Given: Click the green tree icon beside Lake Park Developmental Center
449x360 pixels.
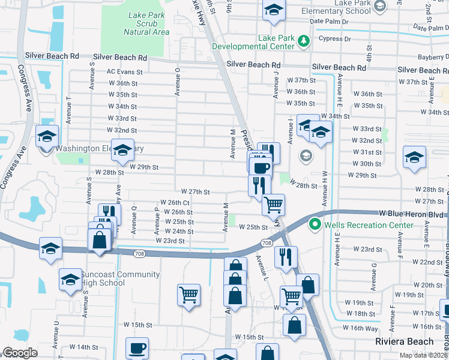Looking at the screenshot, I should [x=304, y=40].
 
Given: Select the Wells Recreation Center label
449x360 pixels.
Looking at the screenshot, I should [x=369, y=225].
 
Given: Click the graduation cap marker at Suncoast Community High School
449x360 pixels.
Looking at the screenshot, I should [x=70, y=280].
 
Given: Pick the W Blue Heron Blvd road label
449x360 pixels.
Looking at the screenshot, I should [x=411, y=213].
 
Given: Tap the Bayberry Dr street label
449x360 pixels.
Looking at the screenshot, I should [x=432, y=58].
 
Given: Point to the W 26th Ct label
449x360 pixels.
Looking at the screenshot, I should [x=175, y=203].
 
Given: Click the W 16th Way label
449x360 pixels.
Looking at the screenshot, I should [x=360, y=326].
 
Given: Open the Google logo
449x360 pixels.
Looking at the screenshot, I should [x=20, y=353].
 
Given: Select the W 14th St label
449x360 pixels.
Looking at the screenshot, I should [x=83, y=347].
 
